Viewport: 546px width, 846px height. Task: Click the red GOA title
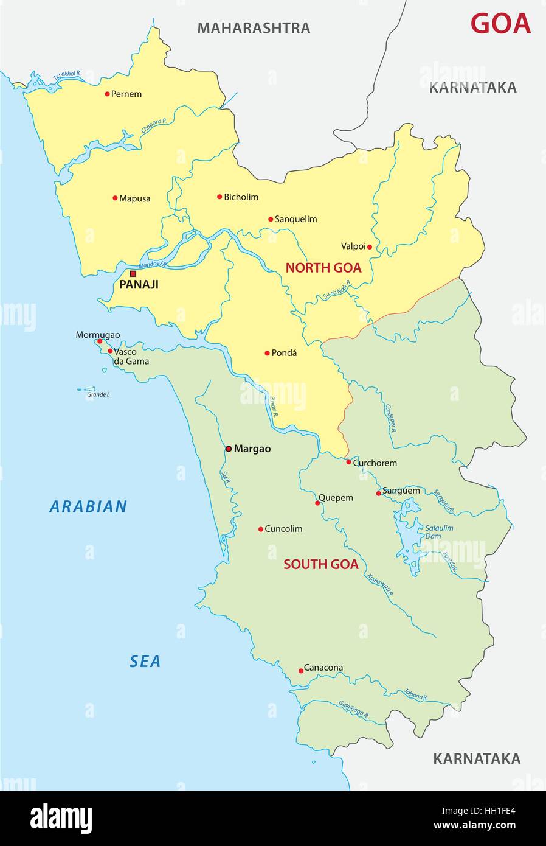pyautogui.click(x=500, y=24)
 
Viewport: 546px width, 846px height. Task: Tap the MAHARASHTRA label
pyautogui.click(x=254, y=28)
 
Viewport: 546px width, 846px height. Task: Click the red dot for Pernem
pyautogui.click(x=107, y=94)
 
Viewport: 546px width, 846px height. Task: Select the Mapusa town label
pyautogui.click(x=134, y=198)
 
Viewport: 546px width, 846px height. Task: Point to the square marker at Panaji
pyautogui.click(x=133, y=274)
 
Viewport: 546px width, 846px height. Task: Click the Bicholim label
pyautogui.click(x=241, y=197)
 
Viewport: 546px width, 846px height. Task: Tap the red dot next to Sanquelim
pyautogui.click(x=271, y=219)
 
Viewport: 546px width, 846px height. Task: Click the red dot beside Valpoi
pyautogui.click(x=369, y=246)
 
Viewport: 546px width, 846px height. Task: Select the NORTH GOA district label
pyautogui.click(x=323, y=268)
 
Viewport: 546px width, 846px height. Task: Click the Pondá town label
pyautogui.click(x=284, y=353)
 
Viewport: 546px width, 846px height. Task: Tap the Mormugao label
pyautogui.click(x=97, y=335)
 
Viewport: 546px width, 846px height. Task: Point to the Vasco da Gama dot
pyautogui.click(x=109, y=351)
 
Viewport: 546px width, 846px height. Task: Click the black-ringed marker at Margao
pyautogui.click(x=229, y=449)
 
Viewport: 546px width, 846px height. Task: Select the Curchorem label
pyautogui.click(x=375, y=463)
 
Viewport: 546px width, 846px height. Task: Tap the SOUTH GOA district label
pyautogui.click(x=320, y=564)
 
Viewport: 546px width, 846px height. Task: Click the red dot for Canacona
pyautogui.click(x=301, y=671)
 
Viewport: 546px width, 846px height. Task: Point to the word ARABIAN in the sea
pyautogui.click(x=89, y=506)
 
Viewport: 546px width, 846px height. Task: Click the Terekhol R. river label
pyautogui.click(x=67, y=75)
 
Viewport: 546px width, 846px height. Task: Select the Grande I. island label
pyautogui.click(x=98, y=395)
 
